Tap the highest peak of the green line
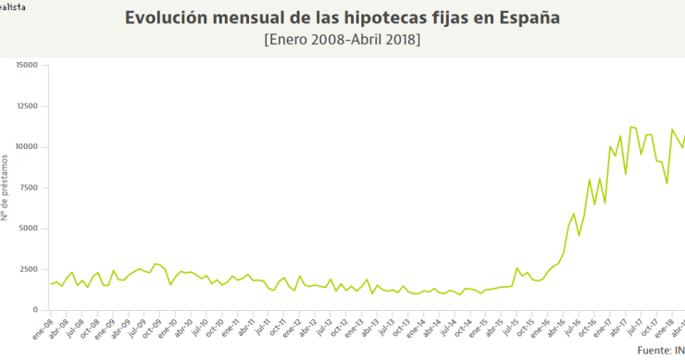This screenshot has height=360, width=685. tap(630, 127)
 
